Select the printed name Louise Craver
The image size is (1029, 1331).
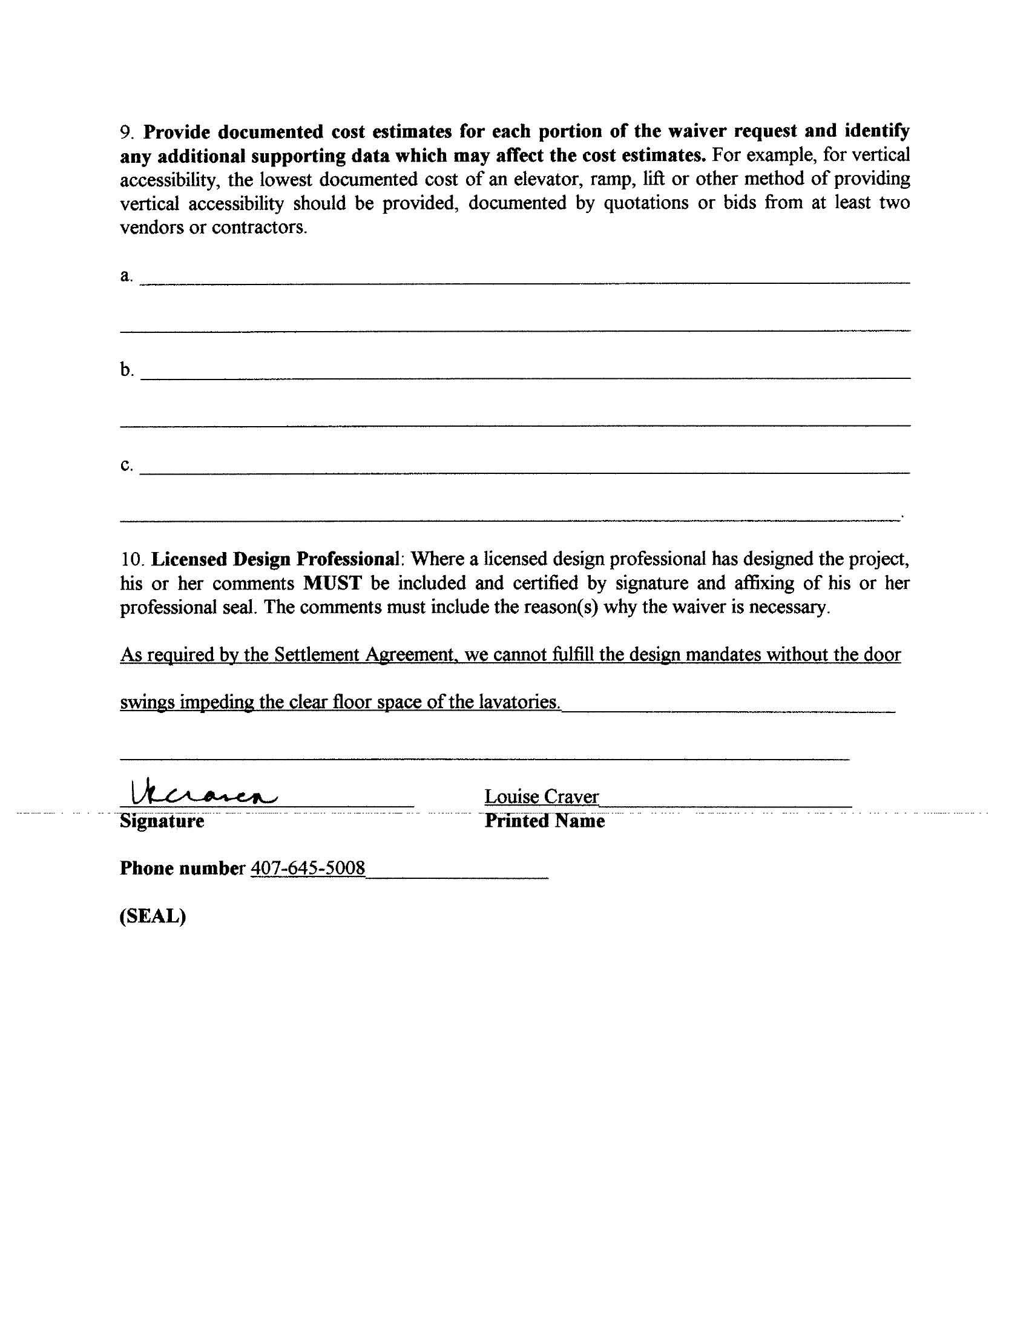click(541, 797)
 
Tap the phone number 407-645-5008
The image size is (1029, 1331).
click(308, 868)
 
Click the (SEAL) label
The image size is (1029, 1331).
click(153, 916)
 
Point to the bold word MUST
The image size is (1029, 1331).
click(332, 583)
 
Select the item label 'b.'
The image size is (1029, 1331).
click(127, 370)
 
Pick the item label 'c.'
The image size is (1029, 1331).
click(126, 465)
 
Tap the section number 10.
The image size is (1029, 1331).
click(133, 559)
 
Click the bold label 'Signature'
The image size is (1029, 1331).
click(162, 821)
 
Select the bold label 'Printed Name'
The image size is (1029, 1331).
click(544, 821)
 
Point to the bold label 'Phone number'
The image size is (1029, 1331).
click(182, 868)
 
